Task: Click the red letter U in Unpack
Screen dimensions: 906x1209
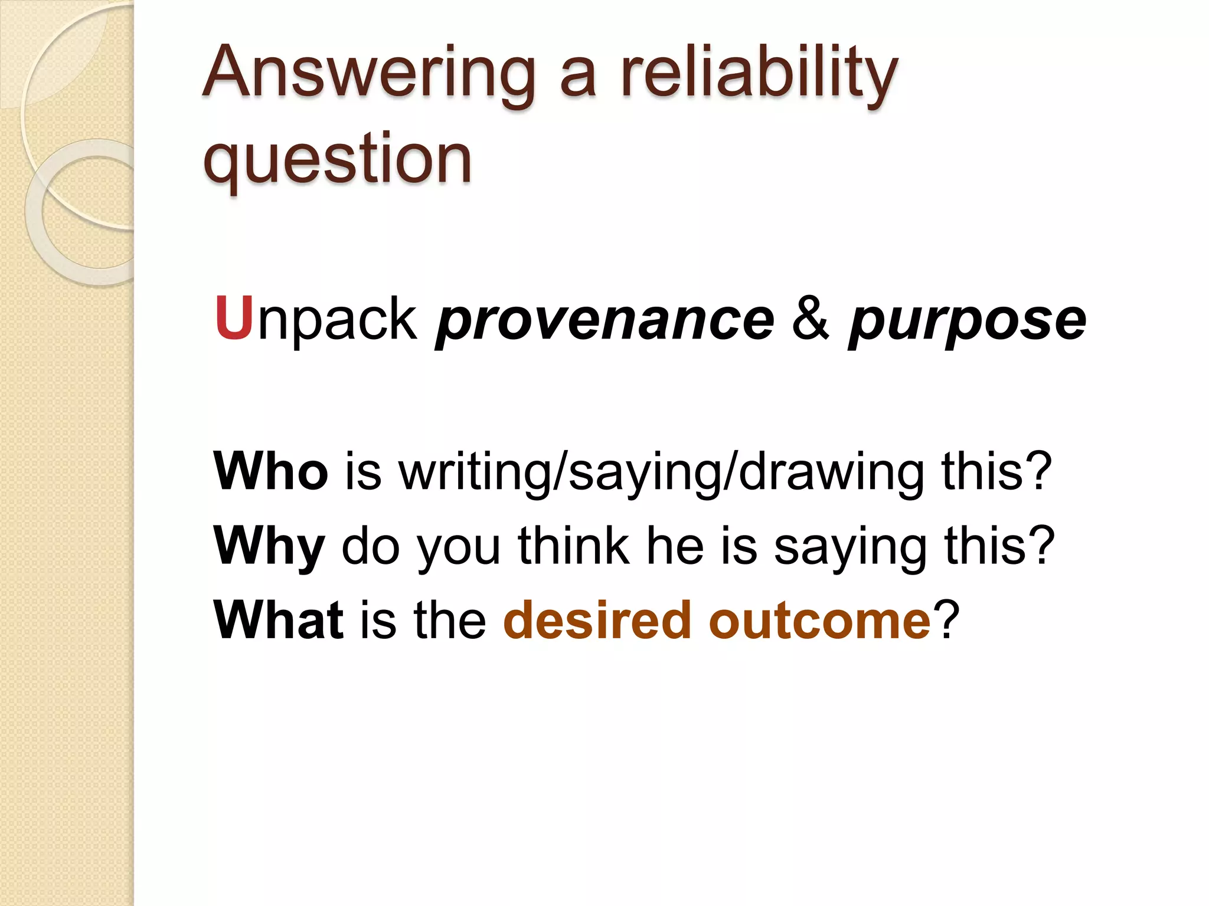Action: point(234,319)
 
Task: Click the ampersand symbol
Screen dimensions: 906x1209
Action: point(811,319)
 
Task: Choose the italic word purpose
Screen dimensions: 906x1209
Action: point(966,322)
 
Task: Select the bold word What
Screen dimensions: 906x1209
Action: point(278,619)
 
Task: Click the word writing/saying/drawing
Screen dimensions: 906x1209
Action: point(661,472)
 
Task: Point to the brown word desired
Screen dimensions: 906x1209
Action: point(596,619)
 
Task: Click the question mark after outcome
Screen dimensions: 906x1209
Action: point(946,619)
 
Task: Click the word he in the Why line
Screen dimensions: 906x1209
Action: point(675,545)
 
